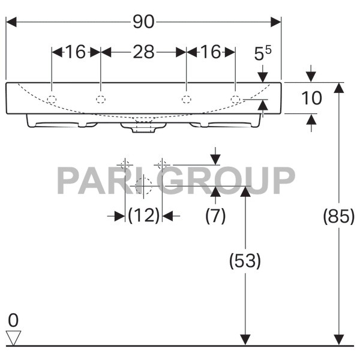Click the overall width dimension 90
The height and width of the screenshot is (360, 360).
[143, 22]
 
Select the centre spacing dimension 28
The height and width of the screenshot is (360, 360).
[143, 52]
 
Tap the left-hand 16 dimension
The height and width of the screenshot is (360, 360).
[76, 52]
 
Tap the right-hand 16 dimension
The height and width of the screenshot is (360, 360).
[211, 52]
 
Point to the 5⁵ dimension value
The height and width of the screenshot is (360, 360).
[262, 55]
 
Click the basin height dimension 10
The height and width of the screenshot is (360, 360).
[311, 98]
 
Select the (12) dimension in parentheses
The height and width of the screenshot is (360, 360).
[144, 215]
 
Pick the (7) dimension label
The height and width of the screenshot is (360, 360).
[215, 215]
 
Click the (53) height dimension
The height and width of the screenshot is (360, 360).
[245, 260]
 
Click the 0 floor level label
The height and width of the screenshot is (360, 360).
[13, 318]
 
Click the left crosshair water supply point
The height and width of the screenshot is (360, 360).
[125, 164]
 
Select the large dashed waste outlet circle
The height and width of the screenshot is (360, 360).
[143, 186]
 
